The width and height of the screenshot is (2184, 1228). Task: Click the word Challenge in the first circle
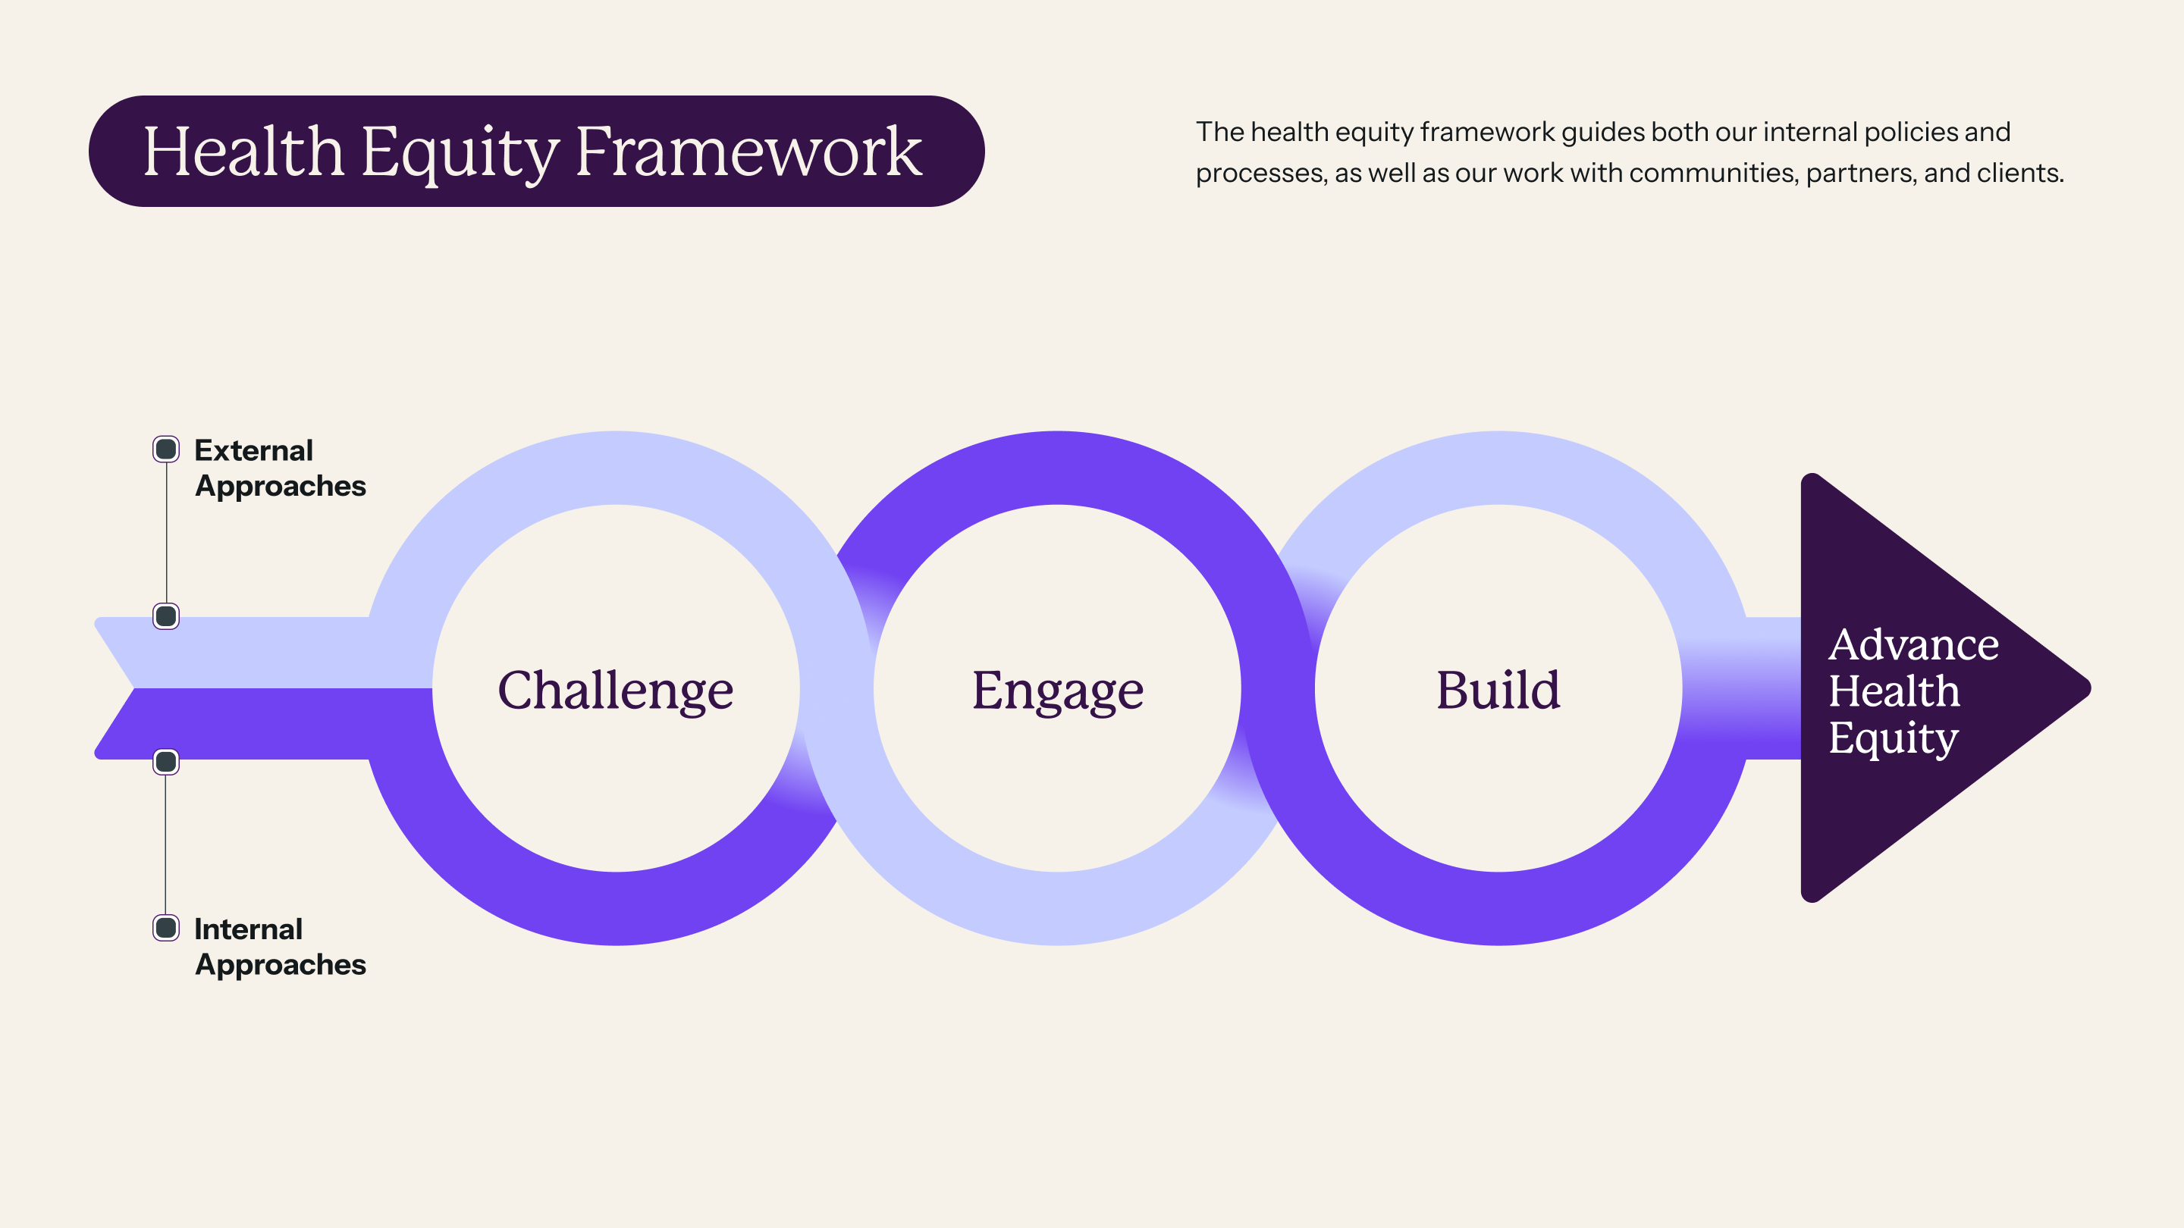coord(616,691)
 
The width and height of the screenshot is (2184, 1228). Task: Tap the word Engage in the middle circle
coord(1057,691)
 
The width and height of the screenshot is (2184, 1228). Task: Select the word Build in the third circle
coord(1498,689)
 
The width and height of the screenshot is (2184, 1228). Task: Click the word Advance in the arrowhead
coord(1913,644)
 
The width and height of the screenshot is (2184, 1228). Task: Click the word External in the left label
coord(253,450)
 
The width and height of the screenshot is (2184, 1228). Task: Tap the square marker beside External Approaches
coord(166,450)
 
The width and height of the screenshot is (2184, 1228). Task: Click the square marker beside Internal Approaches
coord(166,928)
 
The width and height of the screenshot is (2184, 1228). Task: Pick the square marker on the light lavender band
coord(166,616)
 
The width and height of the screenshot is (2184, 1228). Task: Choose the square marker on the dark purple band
coord(166,762)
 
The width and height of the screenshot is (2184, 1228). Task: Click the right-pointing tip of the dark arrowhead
coord(2091,688)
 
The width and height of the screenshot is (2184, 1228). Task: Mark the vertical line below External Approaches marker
coord(166,533)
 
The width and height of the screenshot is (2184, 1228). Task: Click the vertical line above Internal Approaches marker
coord(166,845)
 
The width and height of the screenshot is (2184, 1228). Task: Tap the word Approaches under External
coord(281,487)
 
